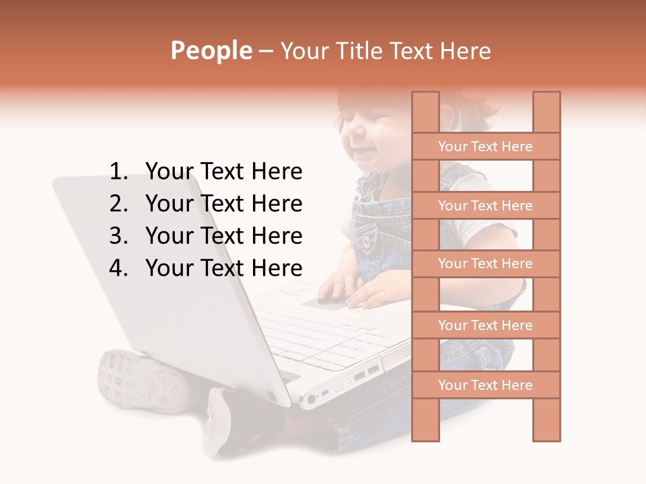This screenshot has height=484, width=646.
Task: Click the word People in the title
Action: (211, 50)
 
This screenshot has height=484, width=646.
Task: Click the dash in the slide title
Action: (266, 51)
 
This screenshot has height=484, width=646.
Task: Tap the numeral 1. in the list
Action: (118, 172)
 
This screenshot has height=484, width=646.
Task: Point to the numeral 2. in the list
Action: (118, 204)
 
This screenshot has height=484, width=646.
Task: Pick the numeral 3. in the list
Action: (118, 236)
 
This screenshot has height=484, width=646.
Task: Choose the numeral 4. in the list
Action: (118, 268)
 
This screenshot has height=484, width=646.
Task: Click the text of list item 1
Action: (223, 172)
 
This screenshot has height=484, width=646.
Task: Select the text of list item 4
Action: (223, 268)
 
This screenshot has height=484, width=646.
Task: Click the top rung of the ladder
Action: (485, 147)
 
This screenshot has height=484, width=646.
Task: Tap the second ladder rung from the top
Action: (485, 206)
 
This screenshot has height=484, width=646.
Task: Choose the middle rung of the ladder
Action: (485, 264)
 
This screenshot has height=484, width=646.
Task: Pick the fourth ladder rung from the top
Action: (485, 325)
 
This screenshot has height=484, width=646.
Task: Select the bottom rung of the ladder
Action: (485, 385)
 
